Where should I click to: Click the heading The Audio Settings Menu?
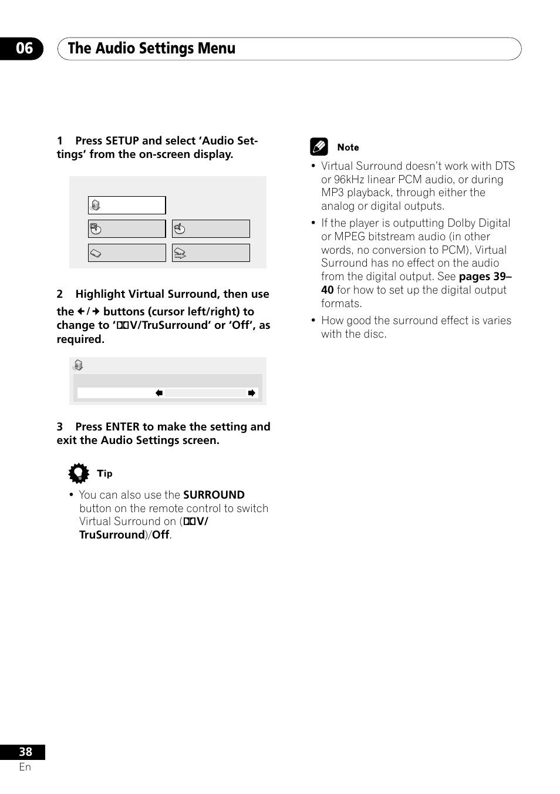click(151, 49)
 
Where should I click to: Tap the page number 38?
click(25, 752)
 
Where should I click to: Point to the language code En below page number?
click(25, 767)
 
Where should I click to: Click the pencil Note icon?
click(319, 147)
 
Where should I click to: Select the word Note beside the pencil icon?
click(348, 147)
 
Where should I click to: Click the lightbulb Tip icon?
click(79, 473)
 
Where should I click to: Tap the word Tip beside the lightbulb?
click(104, 473)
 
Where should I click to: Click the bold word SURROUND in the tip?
click(214, 495)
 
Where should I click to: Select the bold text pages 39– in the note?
click(485, 277)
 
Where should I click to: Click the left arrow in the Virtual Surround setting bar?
click(159, 393)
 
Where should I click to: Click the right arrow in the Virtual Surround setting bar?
click(251, 393)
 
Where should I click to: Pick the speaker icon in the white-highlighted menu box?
click(96, 206)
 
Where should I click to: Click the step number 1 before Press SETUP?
click(60, 141)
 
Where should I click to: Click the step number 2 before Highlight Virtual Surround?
click(60, 294)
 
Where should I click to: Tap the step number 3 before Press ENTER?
click(60, 427)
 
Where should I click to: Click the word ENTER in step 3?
click(123, 427)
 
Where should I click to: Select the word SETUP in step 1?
click(122, 141)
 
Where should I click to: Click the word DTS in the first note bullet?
click(504, 166)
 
